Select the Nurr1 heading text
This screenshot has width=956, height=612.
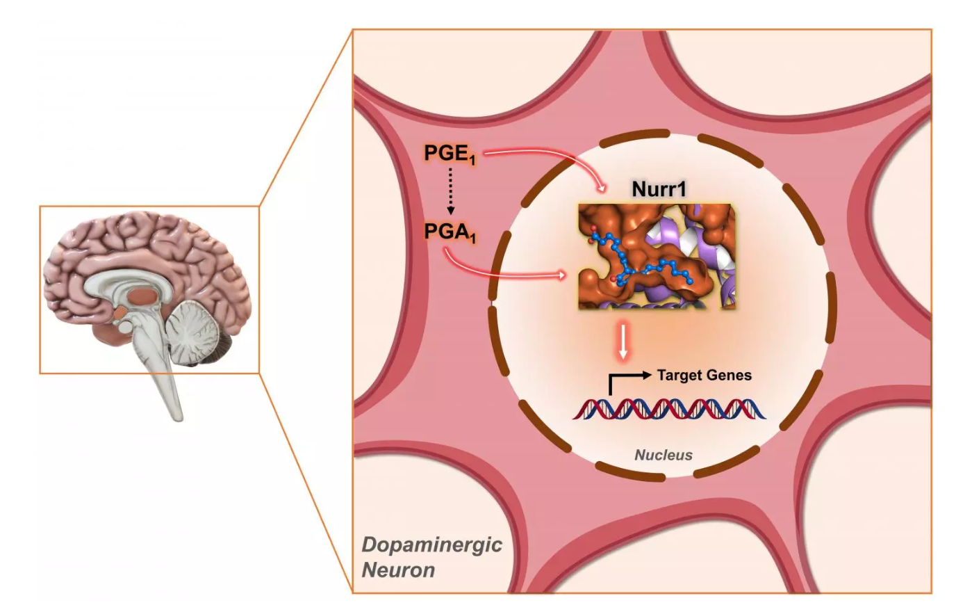[659, 188]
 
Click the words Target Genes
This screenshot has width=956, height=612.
[704, 375]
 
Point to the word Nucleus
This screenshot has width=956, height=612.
[664, 456]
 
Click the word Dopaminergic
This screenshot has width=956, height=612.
[431, 544]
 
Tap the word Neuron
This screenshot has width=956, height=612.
[398, 570]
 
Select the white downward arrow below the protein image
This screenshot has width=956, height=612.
[623, 342]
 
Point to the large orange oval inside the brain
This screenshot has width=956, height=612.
[143, 295]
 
